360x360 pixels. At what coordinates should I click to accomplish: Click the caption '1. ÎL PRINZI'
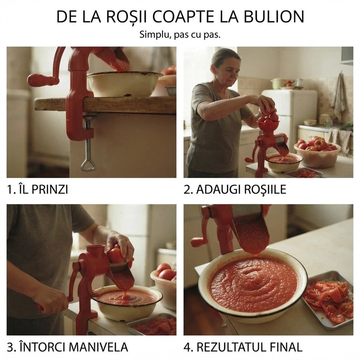point(38,189)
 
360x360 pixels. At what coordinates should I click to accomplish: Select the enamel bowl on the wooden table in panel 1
point(124,84)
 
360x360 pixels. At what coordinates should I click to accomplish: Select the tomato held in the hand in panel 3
point(116,255)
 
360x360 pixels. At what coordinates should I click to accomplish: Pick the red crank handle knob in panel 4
point(197,242)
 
